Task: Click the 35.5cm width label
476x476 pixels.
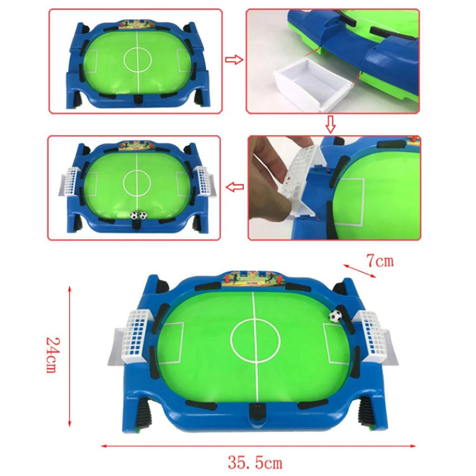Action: (255, 463)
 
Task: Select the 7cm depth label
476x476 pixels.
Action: (380, 261)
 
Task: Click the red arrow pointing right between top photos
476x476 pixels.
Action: (234, 59)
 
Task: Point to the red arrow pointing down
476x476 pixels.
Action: (331, 124)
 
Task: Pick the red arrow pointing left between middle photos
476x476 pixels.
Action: (235, 187)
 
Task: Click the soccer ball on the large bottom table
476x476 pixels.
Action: (335, 316)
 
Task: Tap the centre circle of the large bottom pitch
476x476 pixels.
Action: (255, 341)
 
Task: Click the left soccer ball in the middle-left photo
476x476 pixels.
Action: (134, 215)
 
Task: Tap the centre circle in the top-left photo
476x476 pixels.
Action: (138, 59)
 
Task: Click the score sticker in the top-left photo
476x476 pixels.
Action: (137, 25)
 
